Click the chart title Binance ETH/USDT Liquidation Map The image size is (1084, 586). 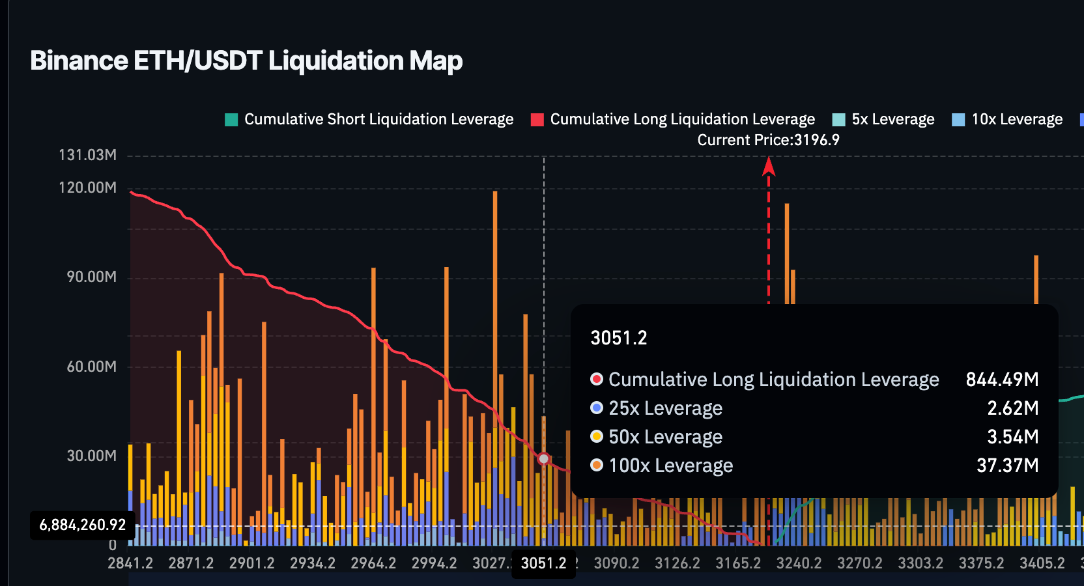click(246, 61)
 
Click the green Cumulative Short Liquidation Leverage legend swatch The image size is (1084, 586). click(231, 120)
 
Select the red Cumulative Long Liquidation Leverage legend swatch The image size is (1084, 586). click(537, 120)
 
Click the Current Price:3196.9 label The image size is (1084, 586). click(768, 140)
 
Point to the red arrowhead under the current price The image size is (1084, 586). click(769, 167)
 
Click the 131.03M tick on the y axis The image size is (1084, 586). click(87, 155)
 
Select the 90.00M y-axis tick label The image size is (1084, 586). click(91, 277)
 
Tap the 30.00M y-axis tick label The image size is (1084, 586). click(91, 456)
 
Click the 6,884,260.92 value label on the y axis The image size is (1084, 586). click(82, 525)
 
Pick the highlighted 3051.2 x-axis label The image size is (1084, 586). click(544, 563)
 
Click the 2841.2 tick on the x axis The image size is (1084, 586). click(130, 563)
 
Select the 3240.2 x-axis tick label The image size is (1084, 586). click(799, 563)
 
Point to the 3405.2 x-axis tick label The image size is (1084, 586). click(1042, 563)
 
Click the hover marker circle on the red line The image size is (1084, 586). click(544, 458)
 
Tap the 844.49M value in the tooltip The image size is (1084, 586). click(1002, 380)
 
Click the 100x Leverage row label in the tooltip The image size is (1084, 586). click(670, 466)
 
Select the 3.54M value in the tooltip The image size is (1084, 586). click(1012, 437)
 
